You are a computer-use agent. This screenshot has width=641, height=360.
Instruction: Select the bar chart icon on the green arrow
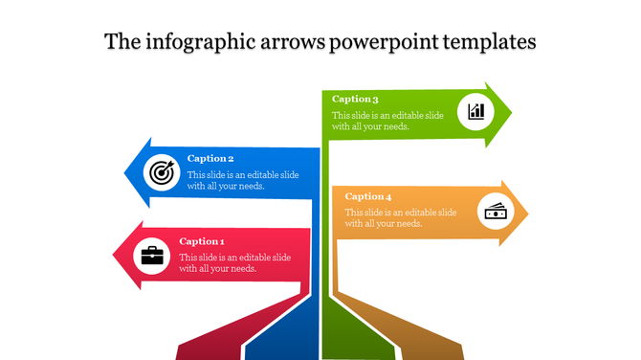pos(475,111)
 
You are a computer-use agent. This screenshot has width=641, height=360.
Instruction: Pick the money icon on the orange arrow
pos(495,211)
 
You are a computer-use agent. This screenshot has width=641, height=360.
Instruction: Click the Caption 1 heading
pos(202,241)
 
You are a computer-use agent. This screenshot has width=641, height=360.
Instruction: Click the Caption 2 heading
pos(210,159)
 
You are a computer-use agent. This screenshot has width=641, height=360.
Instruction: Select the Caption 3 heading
pos(356,99)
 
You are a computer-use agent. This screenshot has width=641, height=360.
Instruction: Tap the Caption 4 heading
pos(368,196)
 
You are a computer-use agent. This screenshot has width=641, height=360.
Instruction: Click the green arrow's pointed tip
pos(511,113)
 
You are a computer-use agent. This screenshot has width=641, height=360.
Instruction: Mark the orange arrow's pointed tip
pos(527,213)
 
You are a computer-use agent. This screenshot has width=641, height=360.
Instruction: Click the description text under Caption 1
pos(235,263)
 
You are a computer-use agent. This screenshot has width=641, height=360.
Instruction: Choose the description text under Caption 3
pos(387,121)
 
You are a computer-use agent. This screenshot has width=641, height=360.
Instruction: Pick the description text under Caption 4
pos(400,217)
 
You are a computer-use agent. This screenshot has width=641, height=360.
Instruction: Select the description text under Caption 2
pos(239,180)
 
